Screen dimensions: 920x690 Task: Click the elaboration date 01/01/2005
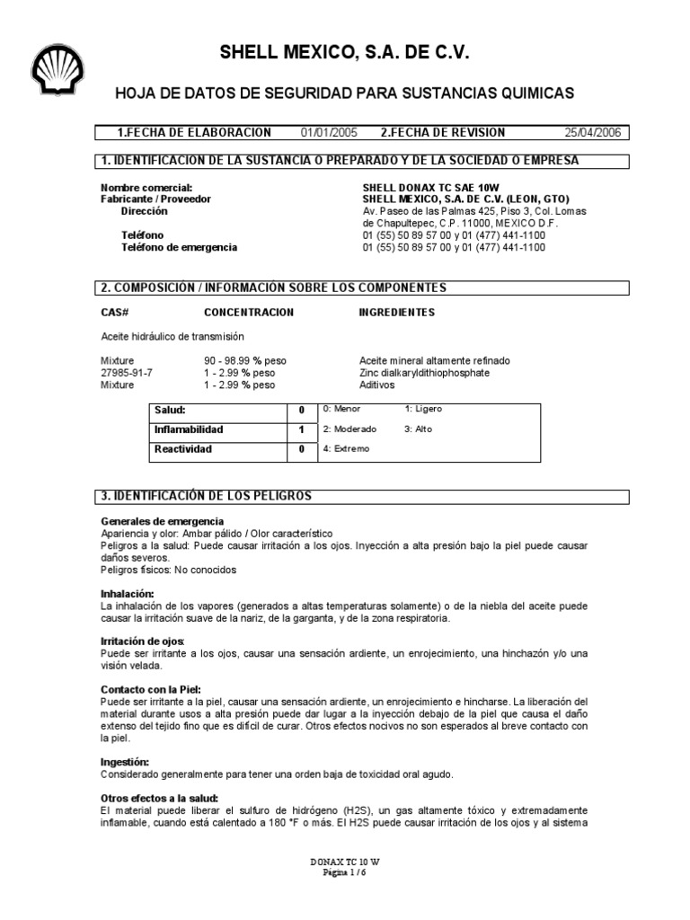(x=329, y=132)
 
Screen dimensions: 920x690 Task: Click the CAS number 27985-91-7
(x=127, y=372)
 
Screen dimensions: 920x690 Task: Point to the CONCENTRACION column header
(x=249, y=313)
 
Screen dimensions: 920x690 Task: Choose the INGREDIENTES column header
(x=396, y=313)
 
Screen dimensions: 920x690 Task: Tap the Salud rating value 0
(x=302, y=410)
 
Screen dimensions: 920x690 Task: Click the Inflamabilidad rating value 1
(x=302, y=429)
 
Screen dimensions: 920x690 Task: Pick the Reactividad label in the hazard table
(x=183, y=448)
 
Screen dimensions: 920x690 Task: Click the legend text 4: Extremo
(x=346, y=448)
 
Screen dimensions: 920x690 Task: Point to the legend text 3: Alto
(x=419, y=429)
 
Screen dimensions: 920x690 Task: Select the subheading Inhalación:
(x=128, y=594)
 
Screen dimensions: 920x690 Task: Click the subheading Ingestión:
(x=125, y=761)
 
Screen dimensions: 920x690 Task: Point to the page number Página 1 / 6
(x=344, y=871)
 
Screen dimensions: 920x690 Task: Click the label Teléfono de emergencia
(x=179, y=247)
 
